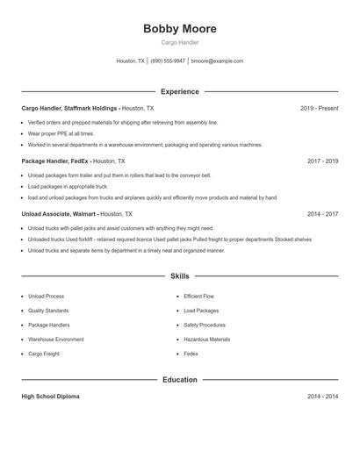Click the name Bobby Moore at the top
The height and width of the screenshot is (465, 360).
coord(179,29)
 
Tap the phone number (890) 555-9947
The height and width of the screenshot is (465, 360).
coord(168,61)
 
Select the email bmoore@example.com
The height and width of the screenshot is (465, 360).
coord(217,61)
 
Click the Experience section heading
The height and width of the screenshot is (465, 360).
coord(179,91)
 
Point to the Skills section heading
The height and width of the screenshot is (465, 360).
coord(179,276)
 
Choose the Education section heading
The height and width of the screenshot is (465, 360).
coord(179,380)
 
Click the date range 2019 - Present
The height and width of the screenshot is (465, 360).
coord(319,109)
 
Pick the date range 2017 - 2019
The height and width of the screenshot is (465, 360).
coord(322,161)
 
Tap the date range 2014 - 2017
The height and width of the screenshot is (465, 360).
coord(322,214)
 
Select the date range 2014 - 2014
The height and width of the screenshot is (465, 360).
coord(322,397)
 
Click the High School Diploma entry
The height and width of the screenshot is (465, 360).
coord(50,397)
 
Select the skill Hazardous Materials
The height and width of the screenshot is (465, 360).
coord(206,339)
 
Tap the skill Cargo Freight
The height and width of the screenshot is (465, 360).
coord(45,354)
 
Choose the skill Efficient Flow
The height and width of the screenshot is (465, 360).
coord(198,297)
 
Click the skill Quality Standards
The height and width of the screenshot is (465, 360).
coord(48,311)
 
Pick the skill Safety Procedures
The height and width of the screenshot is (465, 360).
coord(205,325)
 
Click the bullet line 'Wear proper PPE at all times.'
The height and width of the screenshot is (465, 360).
coord(61,133)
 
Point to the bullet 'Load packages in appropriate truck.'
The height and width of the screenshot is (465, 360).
coord(67,186)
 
